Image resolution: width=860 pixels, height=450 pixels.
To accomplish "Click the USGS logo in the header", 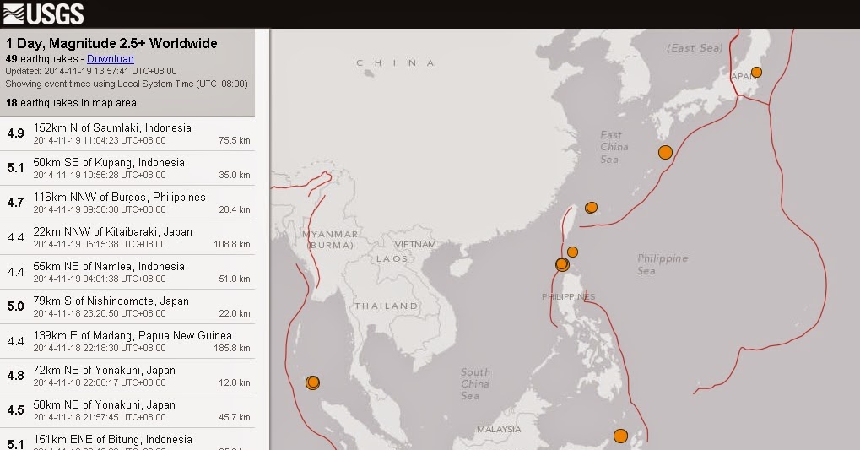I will click(x=44, y=14).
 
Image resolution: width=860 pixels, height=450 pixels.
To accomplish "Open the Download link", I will click(x=111, y=59).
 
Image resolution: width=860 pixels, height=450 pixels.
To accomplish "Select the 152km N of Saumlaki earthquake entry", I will click(x=112, y=128).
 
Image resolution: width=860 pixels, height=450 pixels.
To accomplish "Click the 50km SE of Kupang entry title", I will click(x=109, y=163).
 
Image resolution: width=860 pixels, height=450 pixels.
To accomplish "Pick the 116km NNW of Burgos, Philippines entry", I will click(x=119, y=198).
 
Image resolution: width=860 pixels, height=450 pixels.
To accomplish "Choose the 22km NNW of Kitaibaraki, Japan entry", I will click(x=112, y=232).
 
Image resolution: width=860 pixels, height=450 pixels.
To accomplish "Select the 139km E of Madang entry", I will click(x=133, y=336).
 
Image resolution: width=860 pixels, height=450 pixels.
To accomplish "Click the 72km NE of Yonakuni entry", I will click(x=105, y=371).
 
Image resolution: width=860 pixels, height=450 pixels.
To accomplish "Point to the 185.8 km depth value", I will click(x=232, y=348).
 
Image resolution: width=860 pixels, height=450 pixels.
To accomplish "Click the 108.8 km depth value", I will click(x=232, y=244).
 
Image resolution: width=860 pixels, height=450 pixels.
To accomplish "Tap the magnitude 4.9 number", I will click(x=15, y=133).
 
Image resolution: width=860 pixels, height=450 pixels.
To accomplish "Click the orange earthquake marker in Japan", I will click(x=756, y=72).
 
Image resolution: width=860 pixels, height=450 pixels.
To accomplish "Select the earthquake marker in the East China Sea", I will click(x=665, y=152).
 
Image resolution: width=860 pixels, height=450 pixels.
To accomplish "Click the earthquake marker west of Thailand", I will click(x=312, y=382).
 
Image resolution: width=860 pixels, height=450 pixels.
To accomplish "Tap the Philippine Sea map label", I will click(x=663, y=264).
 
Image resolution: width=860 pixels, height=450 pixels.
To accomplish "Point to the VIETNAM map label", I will click(x=414, y=245).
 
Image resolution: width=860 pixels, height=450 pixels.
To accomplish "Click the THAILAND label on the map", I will click(x=386, y=306).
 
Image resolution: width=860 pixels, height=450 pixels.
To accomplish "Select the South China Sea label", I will click(x=475, y=384).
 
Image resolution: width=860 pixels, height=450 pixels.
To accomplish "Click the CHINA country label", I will click(x=396, y=63).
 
